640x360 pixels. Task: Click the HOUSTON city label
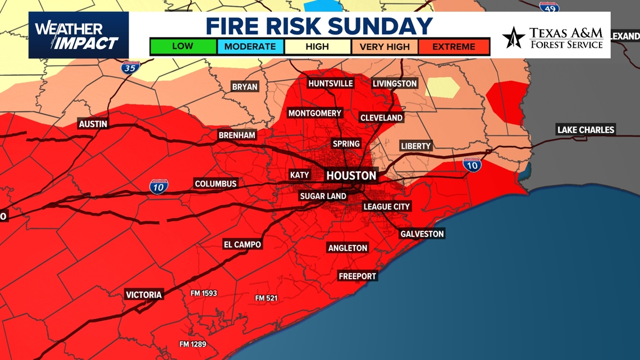(x=351, y=176)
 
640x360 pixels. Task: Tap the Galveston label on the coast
(x=422, y=234)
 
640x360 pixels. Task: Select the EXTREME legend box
(x=454, y=47)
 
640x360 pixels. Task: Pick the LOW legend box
(x=183, y=47)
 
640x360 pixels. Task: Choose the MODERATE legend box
(x=250, y=47)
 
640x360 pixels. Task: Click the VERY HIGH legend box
(x=385, y=47)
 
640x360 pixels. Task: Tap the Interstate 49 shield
(x=549, y=7)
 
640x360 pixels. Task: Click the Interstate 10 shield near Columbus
(x=158, y=186)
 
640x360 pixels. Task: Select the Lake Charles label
(x=586, y=130)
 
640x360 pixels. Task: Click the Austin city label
(x=93, y=124)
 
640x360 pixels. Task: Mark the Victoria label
(x=144, y=295)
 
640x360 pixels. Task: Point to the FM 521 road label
(x=266, y=298)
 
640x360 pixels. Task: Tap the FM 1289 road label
(x=192, y=344)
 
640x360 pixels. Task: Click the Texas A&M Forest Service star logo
(x=513, y=38)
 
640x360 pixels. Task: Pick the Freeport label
(x=357, y=276)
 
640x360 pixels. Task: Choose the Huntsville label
(x=331, y=84)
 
